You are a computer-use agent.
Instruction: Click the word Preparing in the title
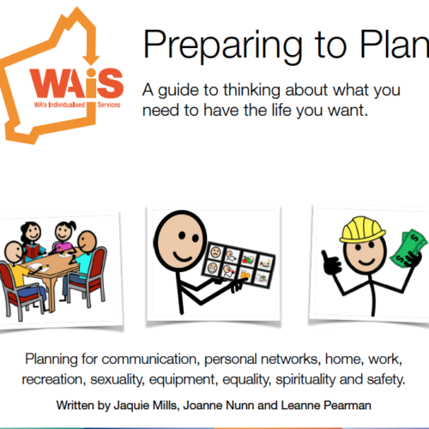point(222,45)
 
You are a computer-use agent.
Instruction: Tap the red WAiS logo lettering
point(76,83)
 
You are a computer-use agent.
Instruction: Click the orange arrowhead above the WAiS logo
point(91,59)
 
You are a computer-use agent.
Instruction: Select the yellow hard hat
point(362,229)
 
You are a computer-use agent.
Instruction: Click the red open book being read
point(34,251)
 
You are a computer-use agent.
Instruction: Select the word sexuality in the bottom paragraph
point(118,379)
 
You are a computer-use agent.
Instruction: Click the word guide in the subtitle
point(178,91)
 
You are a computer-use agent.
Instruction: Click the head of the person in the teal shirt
point(87,242)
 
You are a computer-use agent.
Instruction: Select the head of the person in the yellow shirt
point(14,252)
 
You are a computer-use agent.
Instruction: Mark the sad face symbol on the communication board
point(215,252)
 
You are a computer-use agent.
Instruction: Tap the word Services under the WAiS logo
point(109,105)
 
